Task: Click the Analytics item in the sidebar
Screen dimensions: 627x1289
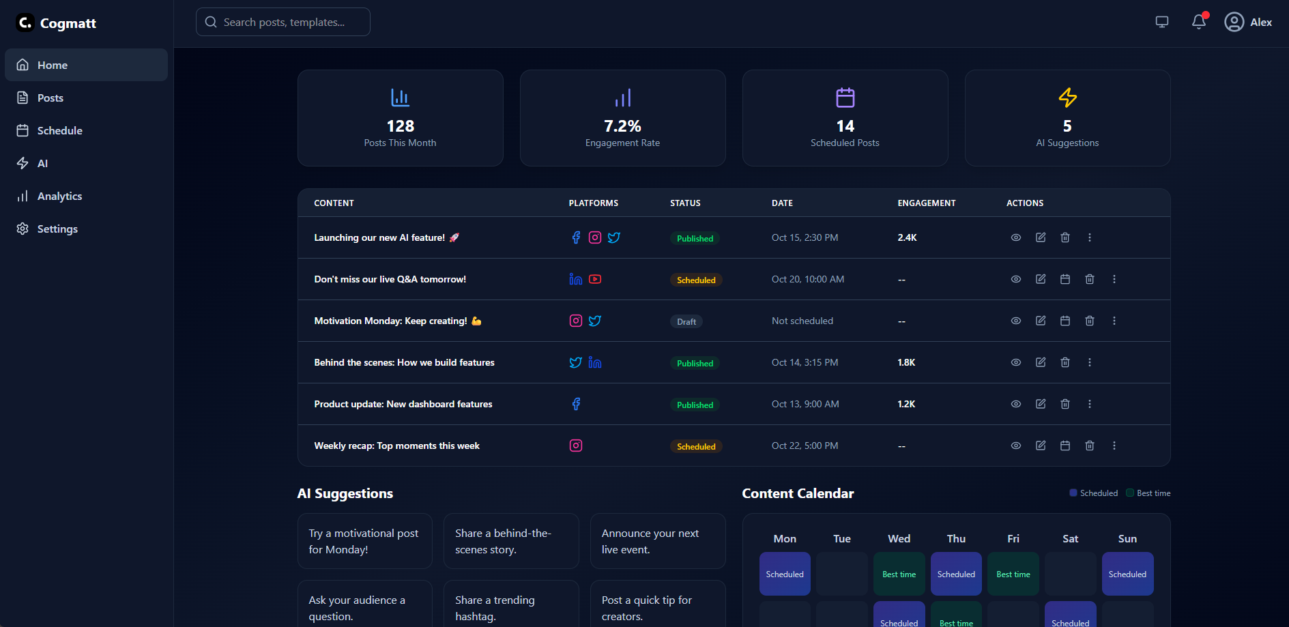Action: pos(59,196)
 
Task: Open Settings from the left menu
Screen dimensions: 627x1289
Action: pos(57,229)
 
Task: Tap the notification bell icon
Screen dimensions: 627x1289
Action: pos(1199,22)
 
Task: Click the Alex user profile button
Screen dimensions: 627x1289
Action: pos(1248,23)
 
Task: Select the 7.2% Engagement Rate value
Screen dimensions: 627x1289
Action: pos(622,126)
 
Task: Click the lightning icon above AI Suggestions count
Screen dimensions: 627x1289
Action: pos(1067,98)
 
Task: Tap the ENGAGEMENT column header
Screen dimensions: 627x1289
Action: pos(926,203)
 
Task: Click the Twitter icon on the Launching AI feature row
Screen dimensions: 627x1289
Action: pos(614,237)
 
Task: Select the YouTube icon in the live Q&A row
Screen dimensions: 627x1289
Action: pos(595,279)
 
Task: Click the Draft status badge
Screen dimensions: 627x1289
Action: pos(686,321)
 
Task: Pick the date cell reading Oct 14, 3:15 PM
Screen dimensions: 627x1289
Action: pos(805,362)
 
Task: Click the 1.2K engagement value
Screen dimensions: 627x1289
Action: pos(906,404)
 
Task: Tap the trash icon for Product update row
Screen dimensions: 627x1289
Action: pos(1064,404)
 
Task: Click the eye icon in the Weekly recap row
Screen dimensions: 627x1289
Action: pos(1015,446)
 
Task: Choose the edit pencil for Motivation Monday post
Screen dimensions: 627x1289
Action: pos(1040,321)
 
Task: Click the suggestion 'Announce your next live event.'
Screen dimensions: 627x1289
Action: pos(657,541)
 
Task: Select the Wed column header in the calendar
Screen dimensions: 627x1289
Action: pos(899,539)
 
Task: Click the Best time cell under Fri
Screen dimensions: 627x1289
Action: pos(1013,574)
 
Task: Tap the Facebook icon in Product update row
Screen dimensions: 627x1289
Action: pos(576,404)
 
